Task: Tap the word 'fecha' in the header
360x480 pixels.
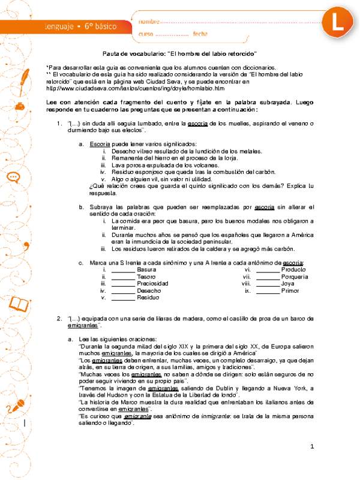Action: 200,34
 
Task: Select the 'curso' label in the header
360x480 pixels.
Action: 147,34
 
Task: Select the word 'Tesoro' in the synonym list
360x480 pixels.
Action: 146,277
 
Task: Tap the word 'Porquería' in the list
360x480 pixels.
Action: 295,277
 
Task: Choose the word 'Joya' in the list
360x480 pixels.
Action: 288,283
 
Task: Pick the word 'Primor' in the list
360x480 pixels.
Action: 290,290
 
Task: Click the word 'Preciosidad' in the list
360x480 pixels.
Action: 153,283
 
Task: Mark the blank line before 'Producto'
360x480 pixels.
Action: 268,270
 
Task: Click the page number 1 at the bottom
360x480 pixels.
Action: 313,464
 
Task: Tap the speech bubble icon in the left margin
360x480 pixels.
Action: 15,178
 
